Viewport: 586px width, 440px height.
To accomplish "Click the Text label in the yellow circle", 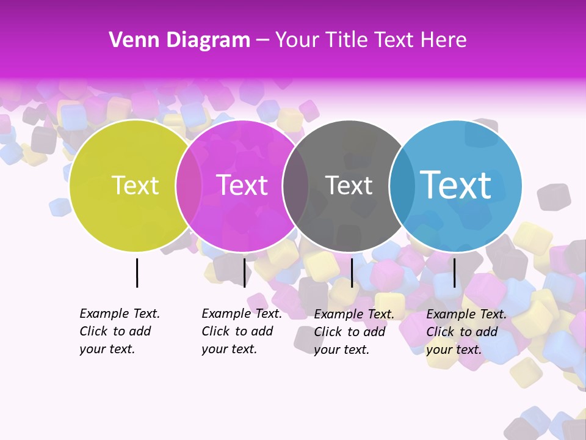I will (135, 185).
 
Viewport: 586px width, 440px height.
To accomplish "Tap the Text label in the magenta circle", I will (242, 185).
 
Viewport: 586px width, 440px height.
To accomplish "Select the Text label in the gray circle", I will (349, 185).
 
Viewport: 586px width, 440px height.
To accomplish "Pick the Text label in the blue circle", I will (455, 185).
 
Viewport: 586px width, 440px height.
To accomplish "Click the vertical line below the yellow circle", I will (137, 273).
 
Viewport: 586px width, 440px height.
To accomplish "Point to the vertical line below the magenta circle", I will (244, 273).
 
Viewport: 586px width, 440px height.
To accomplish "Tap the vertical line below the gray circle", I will (352, 273).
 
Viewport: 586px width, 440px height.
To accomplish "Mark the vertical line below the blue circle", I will (454, 273).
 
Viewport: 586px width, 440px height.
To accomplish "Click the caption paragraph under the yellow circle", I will (119, 331).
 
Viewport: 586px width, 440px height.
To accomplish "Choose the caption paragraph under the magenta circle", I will (241, 331).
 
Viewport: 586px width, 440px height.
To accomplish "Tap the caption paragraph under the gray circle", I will (353, 332).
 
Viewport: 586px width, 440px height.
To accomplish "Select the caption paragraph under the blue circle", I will (466, 332).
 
